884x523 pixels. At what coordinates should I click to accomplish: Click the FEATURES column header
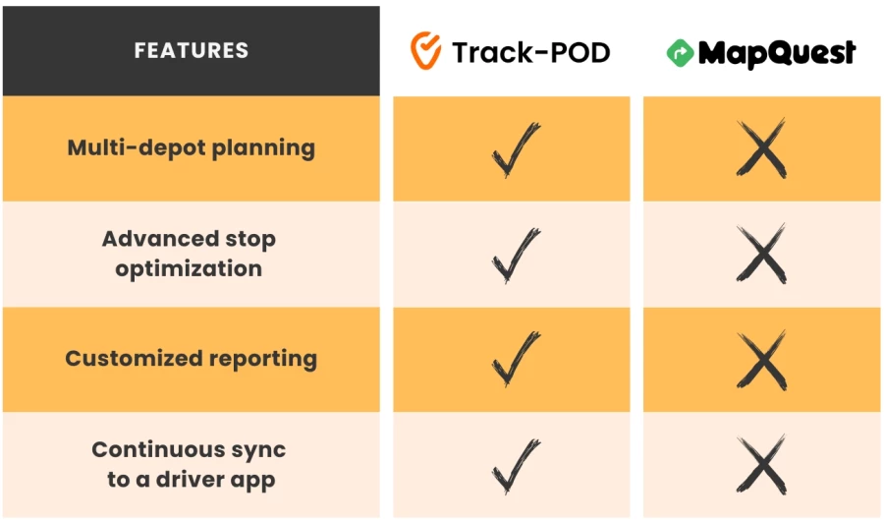pos(192,50)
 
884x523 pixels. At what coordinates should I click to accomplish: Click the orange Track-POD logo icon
pos(425,50)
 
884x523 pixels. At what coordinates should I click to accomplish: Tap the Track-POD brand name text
pos(530,52)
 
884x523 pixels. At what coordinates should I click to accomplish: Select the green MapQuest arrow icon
pos(680,53)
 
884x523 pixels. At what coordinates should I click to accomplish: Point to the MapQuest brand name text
pos(776,53)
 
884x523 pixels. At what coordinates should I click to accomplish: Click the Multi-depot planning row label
pos(192,148)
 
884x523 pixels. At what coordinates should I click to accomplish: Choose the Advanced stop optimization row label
pos(189,254)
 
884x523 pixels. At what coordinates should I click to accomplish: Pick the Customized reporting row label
pos(191,359)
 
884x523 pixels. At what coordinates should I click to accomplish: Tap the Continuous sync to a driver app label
pos(189,464)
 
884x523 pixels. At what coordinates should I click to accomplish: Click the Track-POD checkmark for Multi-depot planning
pos(515,149)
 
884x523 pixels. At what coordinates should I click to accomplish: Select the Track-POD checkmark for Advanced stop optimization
pos(515,254)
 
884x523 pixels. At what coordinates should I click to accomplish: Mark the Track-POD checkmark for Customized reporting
pos(515,359)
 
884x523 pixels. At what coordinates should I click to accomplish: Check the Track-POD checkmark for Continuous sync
pos(515,464)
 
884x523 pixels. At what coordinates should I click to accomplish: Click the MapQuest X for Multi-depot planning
pos(762,149)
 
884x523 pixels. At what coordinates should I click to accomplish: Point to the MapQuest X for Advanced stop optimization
pos(762,254)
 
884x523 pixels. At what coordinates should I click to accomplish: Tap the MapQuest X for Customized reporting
pos(762,359)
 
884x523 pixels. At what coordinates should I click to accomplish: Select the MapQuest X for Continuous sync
pos(762,464)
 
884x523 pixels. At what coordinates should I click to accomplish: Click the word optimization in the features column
pos(189,269)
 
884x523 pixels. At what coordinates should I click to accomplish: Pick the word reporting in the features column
pos(257,360)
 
